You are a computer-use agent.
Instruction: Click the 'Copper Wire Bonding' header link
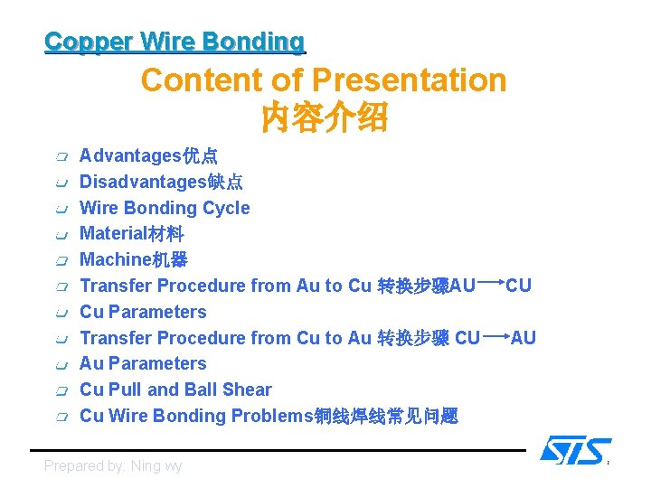(175, 42)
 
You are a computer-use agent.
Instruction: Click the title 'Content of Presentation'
(323, 80)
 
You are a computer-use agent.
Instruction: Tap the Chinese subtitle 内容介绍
(323, 117)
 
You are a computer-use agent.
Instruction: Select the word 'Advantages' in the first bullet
(130, 156)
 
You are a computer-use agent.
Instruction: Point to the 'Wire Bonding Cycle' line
(165, 208)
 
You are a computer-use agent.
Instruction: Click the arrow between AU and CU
(490, 283)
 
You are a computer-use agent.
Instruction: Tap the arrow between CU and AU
(495, 335)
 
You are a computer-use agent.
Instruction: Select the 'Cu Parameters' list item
(143, 312)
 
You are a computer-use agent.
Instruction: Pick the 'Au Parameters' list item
(143, 364)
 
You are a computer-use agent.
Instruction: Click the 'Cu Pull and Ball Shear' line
(175, 390)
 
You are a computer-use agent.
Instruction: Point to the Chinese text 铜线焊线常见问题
(385, 417)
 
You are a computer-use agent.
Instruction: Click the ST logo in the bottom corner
(575, 450)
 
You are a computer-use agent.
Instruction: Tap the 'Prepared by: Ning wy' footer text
(113, 466)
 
